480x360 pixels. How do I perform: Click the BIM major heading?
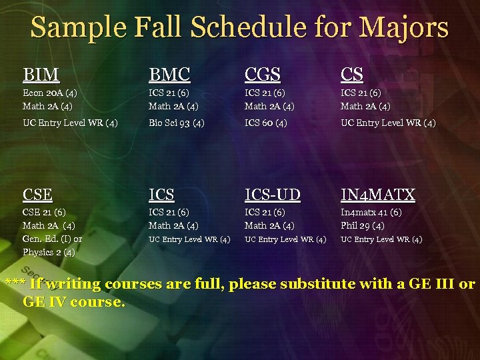tap(41, 74)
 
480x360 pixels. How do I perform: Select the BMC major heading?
tap(169, 74)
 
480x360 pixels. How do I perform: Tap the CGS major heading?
tap(263, 74)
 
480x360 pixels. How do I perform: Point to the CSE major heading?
tap(37, 195)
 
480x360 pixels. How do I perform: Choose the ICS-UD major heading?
tap(272, 195)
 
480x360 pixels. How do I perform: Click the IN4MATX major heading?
tap(377, 195)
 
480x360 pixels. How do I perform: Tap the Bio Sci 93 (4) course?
tap(176, 123)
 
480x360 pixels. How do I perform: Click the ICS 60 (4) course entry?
tap(265, 123)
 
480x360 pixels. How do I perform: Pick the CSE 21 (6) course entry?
tap(44, 213)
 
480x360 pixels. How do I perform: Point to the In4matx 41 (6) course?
tap(371, 213)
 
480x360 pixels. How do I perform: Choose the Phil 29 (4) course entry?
tap(362, 225)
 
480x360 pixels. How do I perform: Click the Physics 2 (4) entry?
tap(49, 252)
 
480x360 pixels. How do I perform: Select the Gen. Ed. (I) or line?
tap(52, 239)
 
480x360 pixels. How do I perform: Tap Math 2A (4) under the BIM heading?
tap(47, 105)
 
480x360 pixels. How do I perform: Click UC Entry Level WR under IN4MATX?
tap(381, 239)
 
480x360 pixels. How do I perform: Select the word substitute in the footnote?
tap(317, 285)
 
